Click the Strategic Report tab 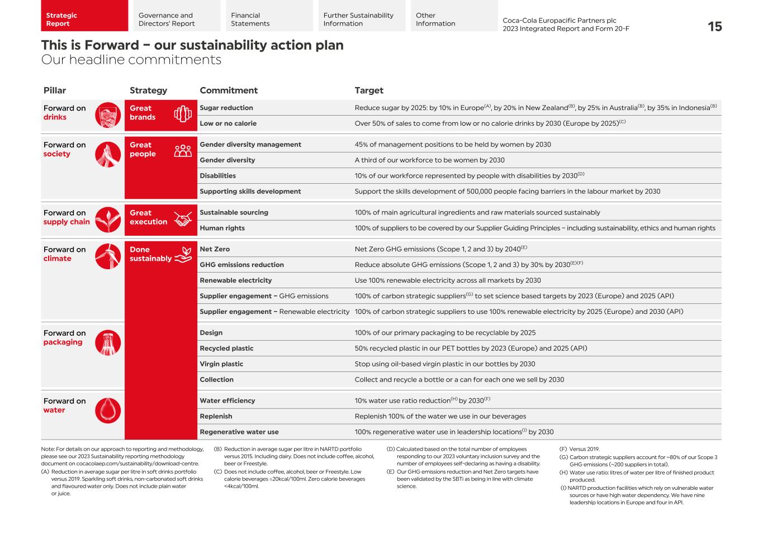(84, 20)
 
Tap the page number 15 (714, 26)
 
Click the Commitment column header (228, 90)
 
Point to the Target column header (369, 90)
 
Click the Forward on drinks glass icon (108, 115)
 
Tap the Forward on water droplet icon (108, 410)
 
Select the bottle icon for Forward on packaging (108, 342)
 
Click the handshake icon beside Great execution (183, 219)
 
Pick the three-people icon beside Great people (183, 151)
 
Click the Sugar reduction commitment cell (226, 108)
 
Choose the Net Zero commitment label (215, 249)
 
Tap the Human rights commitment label (222, 228)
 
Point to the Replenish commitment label (216, 416)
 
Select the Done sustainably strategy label (150, 254)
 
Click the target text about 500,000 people (507, 191)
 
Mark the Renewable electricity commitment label (235, 280)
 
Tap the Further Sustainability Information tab (358, 20)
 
